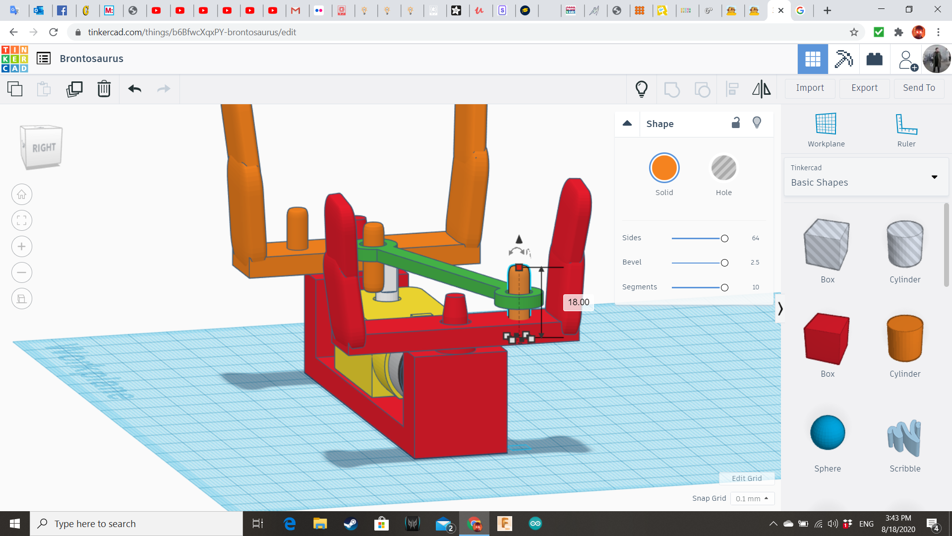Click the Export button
point(864,88)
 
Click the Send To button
point(919,88)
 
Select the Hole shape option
point(723,168)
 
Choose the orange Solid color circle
point(664,168)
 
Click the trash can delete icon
point(104,89)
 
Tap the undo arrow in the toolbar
point(135,89)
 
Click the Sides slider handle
point(724,238)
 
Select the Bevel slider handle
point(724,263)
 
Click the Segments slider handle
point(724,287)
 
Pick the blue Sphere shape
point(827,433)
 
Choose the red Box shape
point(827,339)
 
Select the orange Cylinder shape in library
point(905,339)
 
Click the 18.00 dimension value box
point(578,302)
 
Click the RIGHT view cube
point(42,147)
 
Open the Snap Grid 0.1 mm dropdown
point(752,498)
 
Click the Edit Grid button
point(747,478)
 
